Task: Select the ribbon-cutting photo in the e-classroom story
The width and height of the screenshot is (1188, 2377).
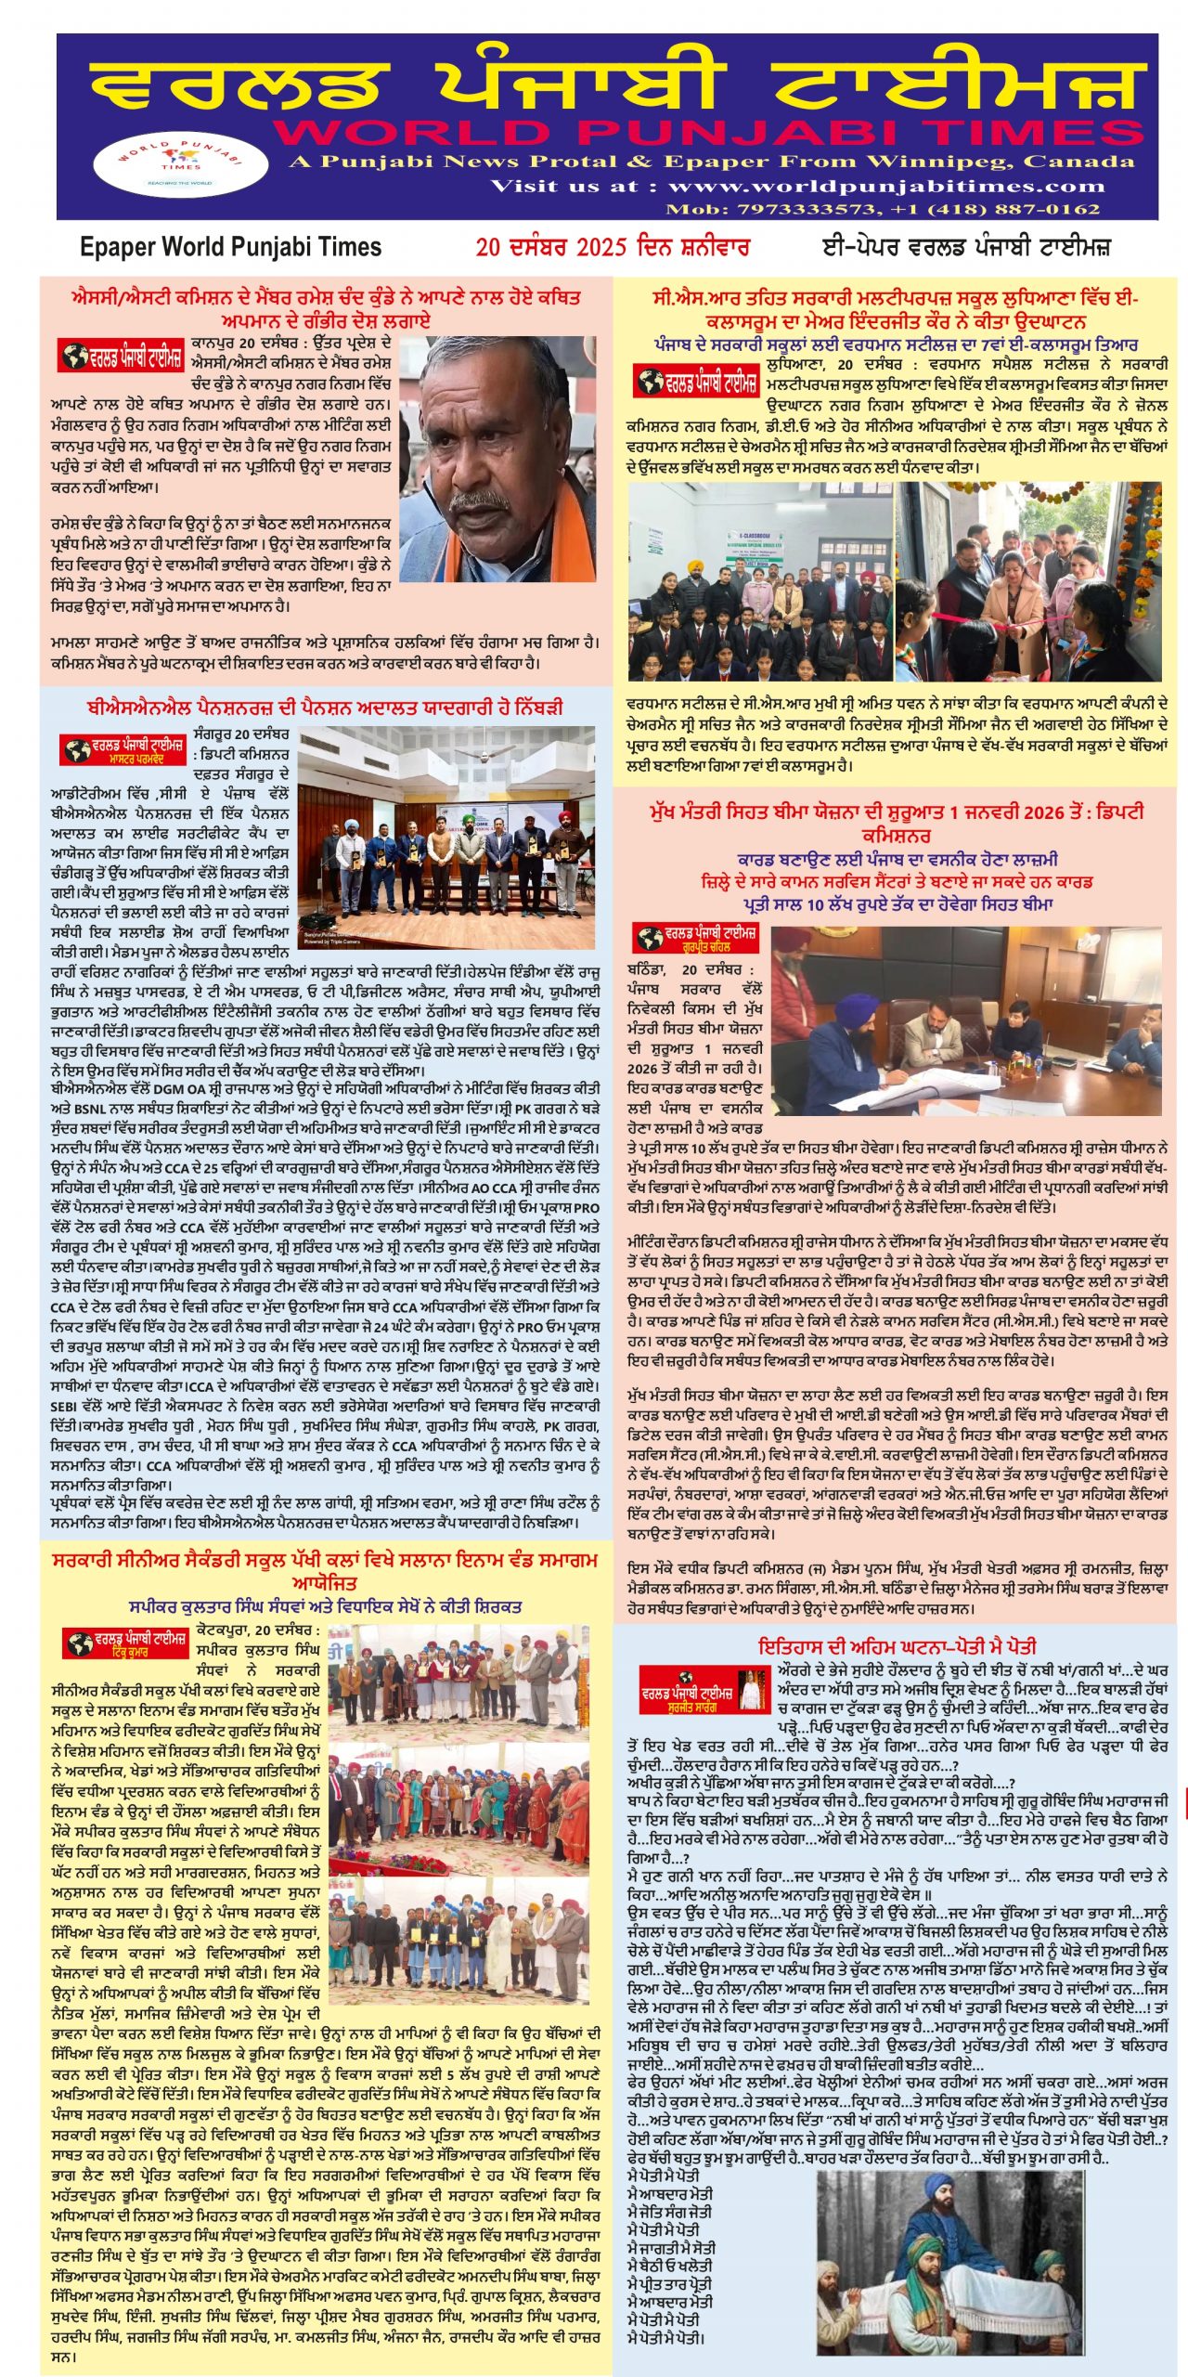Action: [x=1030, y=581]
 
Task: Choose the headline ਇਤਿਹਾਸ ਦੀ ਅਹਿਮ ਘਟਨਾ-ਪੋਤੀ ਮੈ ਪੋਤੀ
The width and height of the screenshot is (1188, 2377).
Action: [x=897, y=1647]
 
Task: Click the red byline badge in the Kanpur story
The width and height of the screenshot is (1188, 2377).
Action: [x=121, y=355]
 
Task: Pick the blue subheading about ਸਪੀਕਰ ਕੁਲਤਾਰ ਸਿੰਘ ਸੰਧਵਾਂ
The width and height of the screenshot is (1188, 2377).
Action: [x=325, y=1605]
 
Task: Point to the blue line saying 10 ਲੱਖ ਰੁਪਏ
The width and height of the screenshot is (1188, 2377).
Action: [x=897, y=903]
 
